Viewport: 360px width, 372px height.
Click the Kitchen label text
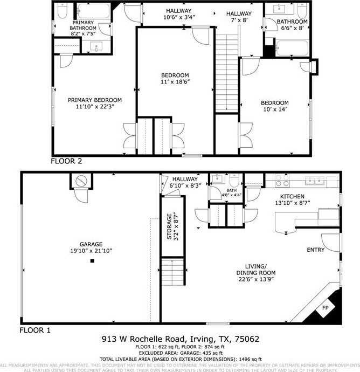(x=292, y=196)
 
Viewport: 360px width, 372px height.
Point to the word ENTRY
(x=316, y=250)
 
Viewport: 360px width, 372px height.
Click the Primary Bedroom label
(x=94, y=100)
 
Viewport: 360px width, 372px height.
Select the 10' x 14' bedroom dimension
(x=275, y=110)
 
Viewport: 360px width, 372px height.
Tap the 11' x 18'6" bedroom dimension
(x=176, y=82)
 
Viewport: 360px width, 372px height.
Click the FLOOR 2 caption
(x=66, y=161)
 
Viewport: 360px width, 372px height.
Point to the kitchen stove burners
(x=281, y=180)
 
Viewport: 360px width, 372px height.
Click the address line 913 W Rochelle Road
(x=181, y=339)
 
